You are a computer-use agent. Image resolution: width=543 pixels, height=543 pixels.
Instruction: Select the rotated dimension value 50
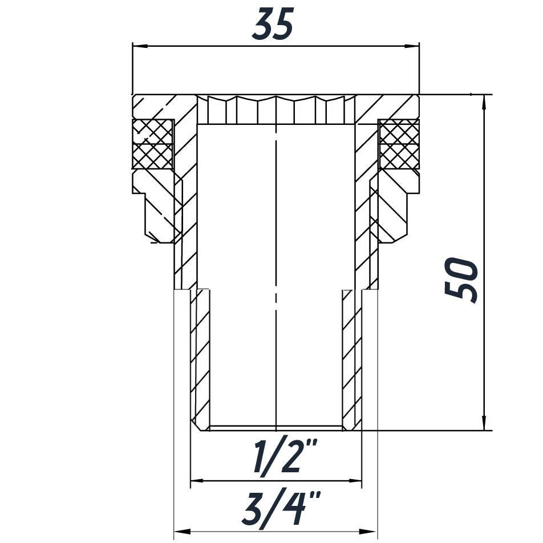461,280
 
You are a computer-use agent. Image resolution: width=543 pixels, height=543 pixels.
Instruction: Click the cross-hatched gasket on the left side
153,144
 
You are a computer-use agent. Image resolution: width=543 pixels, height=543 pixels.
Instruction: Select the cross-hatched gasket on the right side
399,144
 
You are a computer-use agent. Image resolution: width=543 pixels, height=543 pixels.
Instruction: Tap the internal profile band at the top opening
276,110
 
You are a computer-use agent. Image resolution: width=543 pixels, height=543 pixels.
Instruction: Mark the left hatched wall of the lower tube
200,359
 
